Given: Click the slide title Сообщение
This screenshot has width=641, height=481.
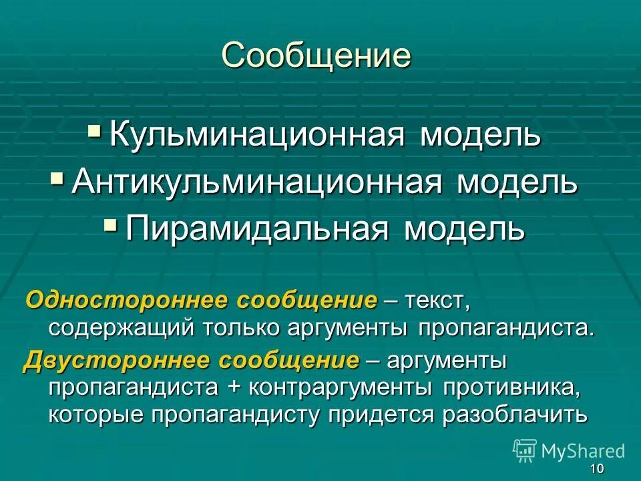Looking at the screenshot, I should (316, 56).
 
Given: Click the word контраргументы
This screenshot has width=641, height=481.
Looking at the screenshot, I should (312, 387).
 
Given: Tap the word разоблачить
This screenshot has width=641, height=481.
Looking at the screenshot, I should (515, 415).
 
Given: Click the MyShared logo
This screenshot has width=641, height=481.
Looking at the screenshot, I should (570, 450).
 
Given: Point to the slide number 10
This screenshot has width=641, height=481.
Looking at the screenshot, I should (597, 469).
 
